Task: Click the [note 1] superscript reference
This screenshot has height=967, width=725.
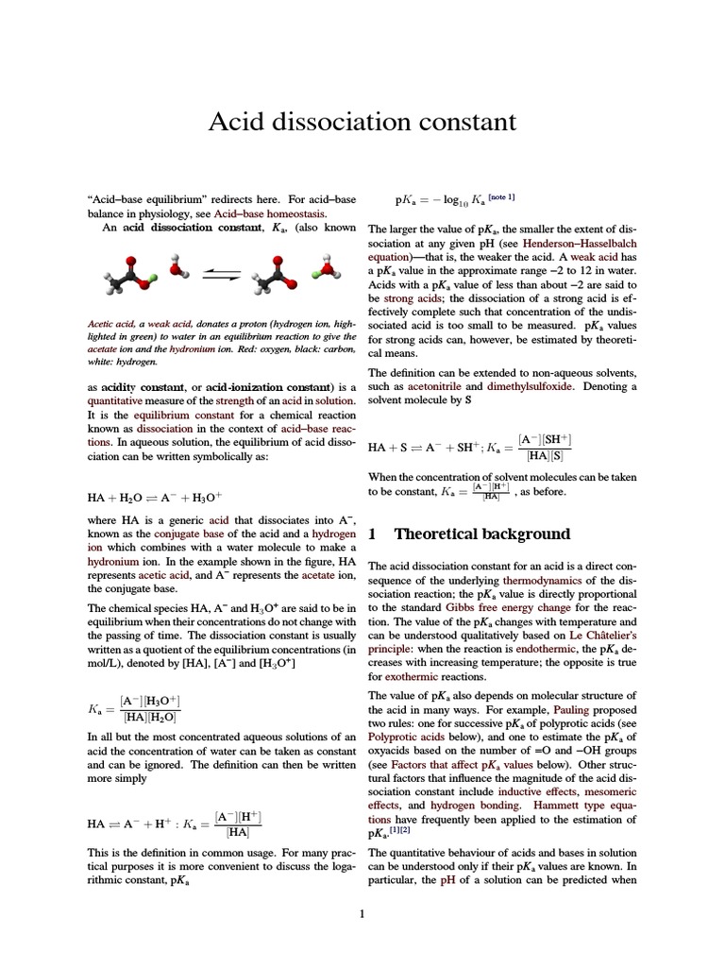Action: pos(500,197)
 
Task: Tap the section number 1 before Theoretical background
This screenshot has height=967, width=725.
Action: pos(372,534)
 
